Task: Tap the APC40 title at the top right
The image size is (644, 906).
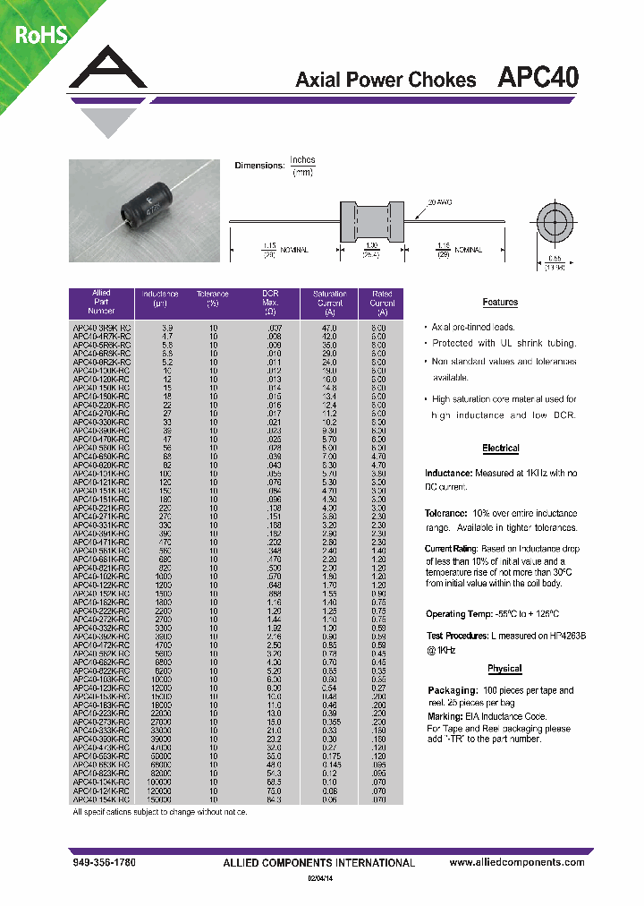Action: click(x=538, y=79)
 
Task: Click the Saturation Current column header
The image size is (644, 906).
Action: click(x=329, y=303)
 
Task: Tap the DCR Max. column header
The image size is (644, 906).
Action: click(x=271, y=303)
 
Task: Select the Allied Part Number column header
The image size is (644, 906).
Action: click(x=101, y=303)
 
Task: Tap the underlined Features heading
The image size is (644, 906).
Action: click(x=500, y=303)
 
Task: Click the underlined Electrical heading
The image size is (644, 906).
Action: click(x=500, y=448)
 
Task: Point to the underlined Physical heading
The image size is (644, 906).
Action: click(x=504, y=668)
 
